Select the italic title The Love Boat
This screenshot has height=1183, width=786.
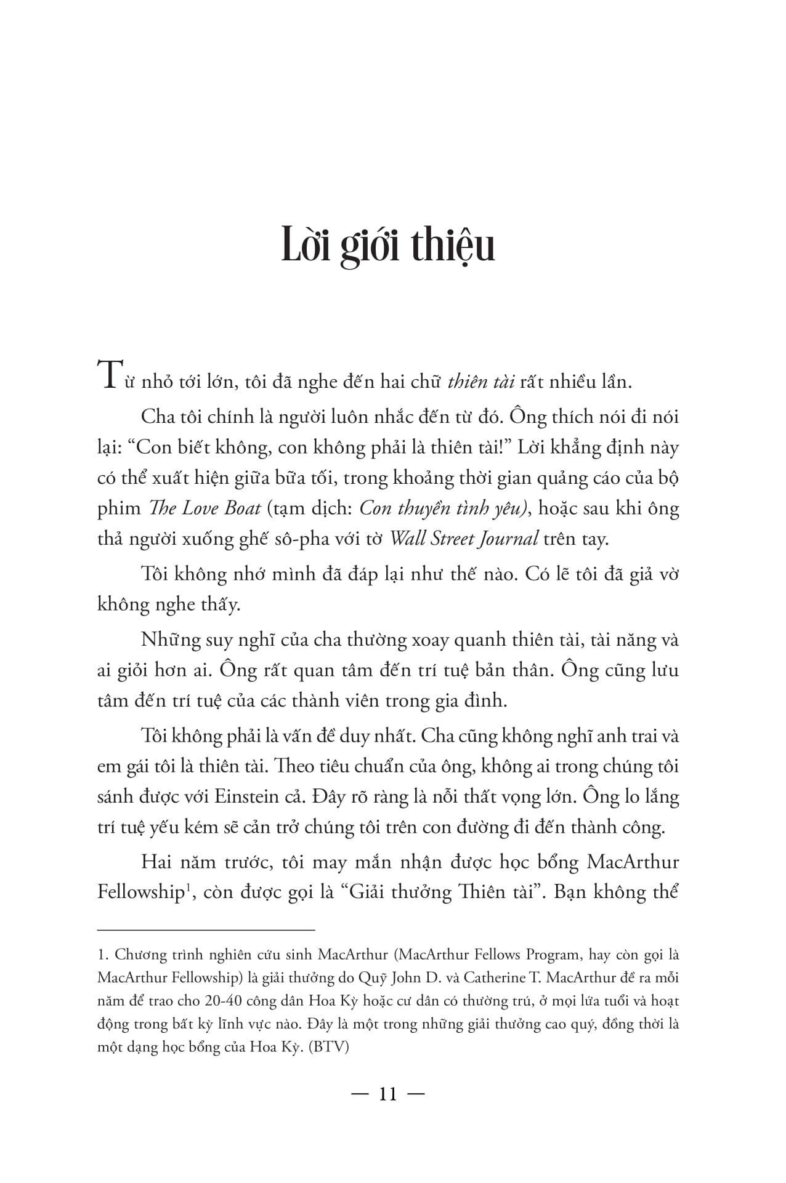(x=196, y=509)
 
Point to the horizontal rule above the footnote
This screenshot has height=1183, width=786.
(x=206, y=929)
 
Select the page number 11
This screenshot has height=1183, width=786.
(x=387, y=1094)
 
